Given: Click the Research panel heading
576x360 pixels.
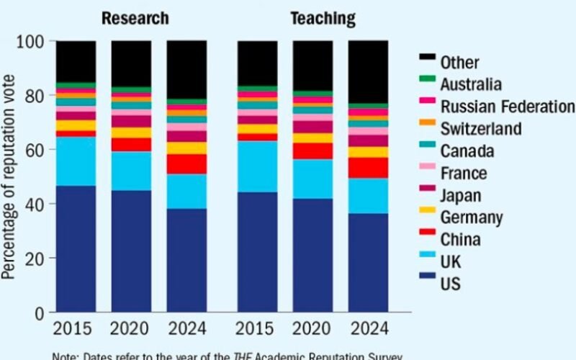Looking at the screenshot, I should point(135,18).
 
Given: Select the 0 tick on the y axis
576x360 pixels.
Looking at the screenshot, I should point(42,312).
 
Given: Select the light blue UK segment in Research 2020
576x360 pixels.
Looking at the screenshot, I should point(131,171).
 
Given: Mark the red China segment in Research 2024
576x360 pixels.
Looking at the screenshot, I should point(186,163).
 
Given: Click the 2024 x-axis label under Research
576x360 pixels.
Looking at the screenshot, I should point(186,329).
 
